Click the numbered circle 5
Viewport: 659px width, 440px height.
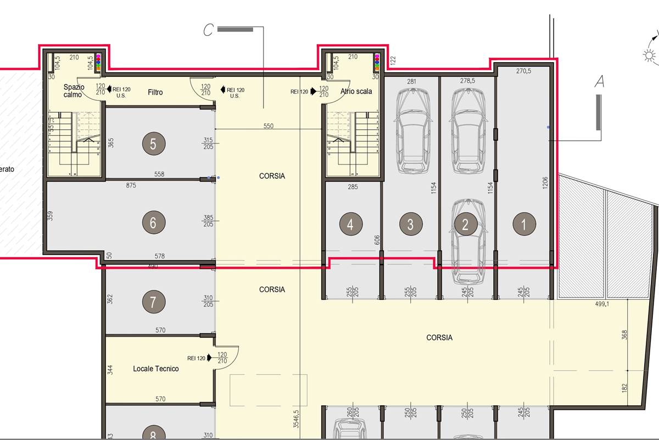tap(153, 144)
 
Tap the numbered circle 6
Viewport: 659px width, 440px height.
tap(153, 223)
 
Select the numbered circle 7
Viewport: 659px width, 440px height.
tap(153, 301)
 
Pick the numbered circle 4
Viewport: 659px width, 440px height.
tap(351, 224)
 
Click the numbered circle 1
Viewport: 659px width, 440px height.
tap(523, 224)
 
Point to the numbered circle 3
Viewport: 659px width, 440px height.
tap(410, 224)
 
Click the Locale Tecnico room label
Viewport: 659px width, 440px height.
tap(156, 369)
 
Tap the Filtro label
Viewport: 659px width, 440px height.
tap(155, 92)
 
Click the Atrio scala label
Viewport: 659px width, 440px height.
tap(356, 91)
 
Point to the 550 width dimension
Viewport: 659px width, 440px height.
tap(268, 126)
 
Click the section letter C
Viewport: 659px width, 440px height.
tap(208, 30)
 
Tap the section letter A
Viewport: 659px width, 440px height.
tap(600, 82)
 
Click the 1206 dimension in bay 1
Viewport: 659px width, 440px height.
tap(544, 183)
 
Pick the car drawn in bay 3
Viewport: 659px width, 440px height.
tap(412, 130)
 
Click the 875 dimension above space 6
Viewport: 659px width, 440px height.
tap(131, 185)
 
